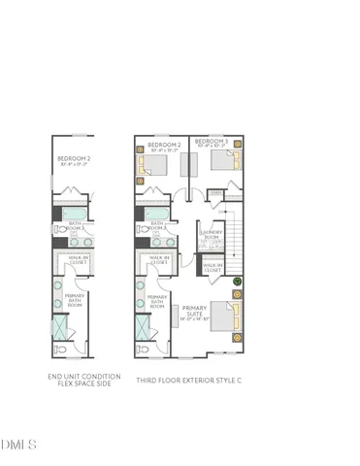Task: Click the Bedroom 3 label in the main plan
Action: (x=211, y=143)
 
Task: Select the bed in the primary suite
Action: (x=222, y=318)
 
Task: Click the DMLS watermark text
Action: (x=18, y=445)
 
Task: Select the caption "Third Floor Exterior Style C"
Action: (x=188, y=380)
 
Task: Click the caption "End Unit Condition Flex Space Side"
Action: (x=84, y=380)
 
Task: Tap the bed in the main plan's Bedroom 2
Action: (x=153, y=166)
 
